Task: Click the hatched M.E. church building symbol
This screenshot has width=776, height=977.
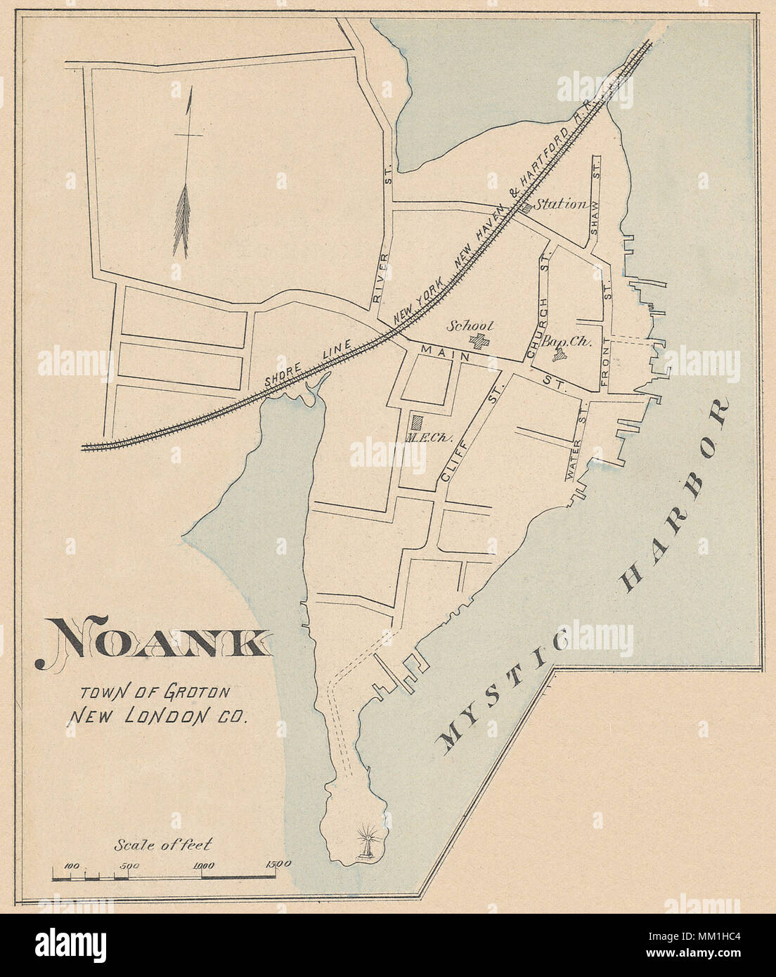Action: (x=418, y=422)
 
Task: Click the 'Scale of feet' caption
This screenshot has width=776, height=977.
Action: (x=162, y=845)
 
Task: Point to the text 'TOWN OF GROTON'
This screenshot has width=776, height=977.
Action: (x=155, y=692)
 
